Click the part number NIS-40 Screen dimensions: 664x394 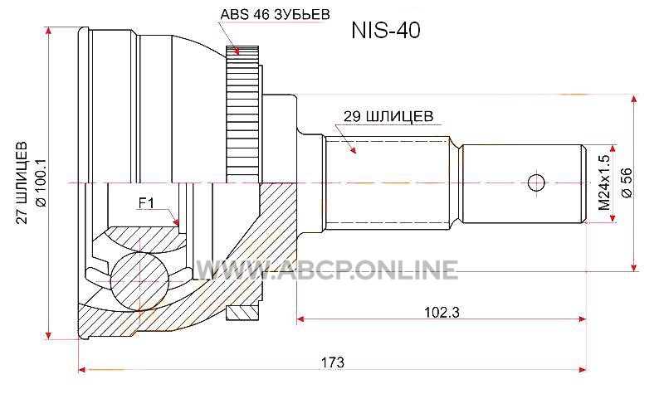[386, 31]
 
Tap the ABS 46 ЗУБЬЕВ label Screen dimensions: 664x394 [275, 14]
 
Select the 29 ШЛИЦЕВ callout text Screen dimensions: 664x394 [388, 116]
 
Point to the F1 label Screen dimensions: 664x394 [146, 203]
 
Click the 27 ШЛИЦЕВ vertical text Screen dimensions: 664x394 [22, 182]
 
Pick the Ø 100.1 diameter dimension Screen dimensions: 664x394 [41, 182]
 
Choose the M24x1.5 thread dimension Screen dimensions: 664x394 [604, 182]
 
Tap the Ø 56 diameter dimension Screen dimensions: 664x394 [627, 182]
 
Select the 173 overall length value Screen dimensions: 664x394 [333, 362]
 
